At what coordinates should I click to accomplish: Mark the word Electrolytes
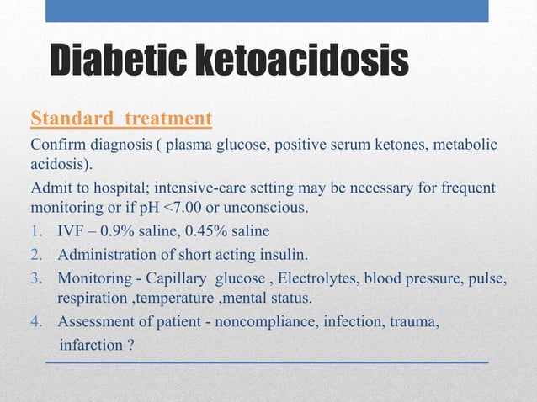click(x=324, y=278)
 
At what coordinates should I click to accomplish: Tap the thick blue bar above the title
click(x=267, y=10)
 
